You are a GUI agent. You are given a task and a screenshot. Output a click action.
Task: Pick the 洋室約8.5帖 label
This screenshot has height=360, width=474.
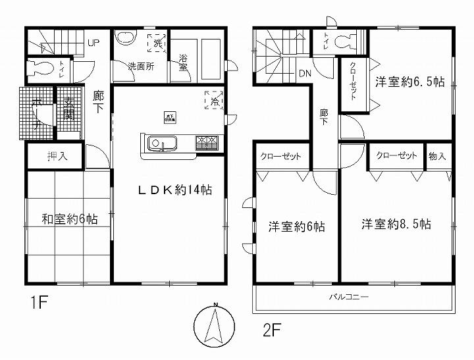click(396, 224)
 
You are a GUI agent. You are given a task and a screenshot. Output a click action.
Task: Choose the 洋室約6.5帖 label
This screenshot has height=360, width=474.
click(410, 82)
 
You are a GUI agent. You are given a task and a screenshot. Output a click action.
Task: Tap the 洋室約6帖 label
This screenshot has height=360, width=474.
click(296, 226)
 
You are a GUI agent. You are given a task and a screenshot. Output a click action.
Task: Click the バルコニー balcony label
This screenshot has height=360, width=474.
click(349, 297)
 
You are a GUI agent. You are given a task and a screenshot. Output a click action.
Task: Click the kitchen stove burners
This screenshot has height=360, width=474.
click(210, 141)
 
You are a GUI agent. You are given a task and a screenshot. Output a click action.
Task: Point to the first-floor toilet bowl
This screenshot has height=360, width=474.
click(39, 68)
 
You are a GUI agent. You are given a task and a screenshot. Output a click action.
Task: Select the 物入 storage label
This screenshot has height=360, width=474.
click(437, 156)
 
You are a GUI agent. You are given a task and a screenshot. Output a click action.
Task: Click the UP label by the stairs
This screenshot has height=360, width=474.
click(93, 43)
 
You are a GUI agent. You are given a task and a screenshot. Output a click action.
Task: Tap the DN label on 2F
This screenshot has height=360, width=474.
click(305, 73)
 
